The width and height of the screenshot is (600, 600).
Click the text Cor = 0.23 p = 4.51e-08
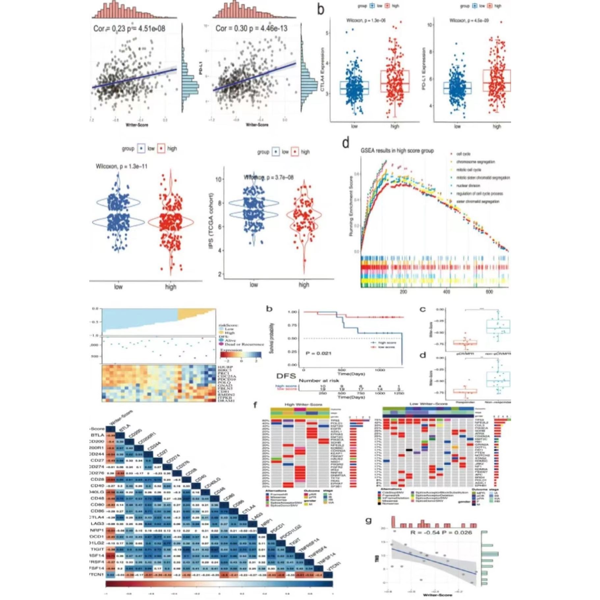(129, 28)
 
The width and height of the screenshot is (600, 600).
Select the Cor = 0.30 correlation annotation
(251, 28)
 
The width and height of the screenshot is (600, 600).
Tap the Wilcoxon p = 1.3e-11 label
(122, 166)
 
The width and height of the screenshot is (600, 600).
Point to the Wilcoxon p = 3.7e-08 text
(268, 177)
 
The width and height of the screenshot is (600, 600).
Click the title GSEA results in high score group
(397, 150)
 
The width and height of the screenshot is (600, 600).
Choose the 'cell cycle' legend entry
(463, 154)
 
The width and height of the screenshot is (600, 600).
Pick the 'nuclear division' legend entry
(468, 186)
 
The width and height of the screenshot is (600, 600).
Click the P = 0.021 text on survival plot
(318, 353)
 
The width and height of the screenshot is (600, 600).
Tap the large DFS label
(286, 376)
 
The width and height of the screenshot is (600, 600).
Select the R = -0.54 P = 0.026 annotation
(441, 532)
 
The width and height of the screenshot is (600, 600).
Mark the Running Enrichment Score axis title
(351, 206)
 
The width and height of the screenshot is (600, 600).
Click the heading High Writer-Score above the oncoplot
(303, 404)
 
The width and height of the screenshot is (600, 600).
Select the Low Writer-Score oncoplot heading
(428, 404)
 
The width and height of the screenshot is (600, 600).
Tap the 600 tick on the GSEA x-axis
(489, 292)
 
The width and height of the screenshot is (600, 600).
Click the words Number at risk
(318, 380)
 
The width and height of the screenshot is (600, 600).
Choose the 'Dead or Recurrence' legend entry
(244, 344)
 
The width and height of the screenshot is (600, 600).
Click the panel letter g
(368, 521)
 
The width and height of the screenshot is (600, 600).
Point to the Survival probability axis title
(272, 338)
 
